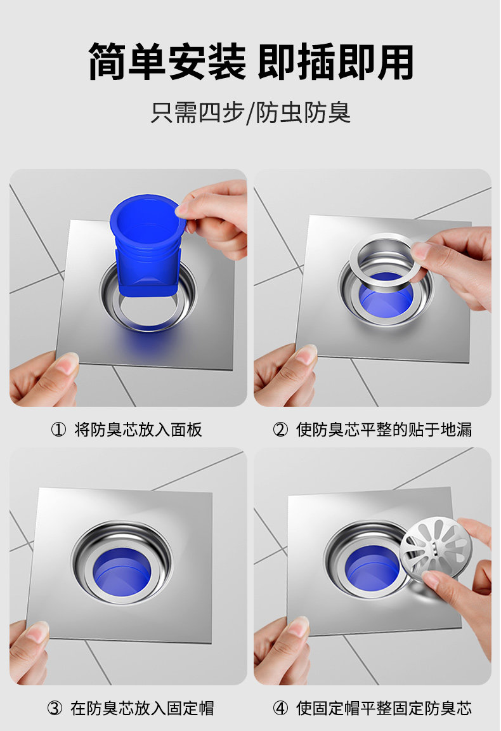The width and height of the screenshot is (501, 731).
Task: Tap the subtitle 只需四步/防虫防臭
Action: point(251,114)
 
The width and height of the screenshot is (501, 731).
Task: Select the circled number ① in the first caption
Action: point(58,430)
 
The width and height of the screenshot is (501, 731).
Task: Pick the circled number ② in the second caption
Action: point(280,430)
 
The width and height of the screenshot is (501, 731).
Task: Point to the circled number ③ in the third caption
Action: point(55,708)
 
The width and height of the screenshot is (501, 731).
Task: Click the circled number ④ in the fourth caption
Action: point(280,708)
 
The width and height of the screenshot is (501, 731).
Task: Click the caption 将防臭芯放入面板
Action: point(138,430)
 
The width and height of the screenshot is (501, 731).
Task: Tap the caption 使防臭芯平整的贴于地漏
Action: point(384,430)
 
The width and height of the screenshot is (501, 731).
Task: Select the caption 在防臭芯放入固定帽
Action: point(142,708)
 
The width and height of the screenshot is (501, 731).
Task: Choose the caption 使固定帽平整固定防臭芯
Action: point(384,708)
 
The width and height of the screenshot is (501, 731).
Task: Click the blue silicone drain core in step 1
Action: point(146,247)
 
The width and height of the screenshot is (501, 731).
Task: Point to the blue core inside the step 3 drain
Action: point(122,572)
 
